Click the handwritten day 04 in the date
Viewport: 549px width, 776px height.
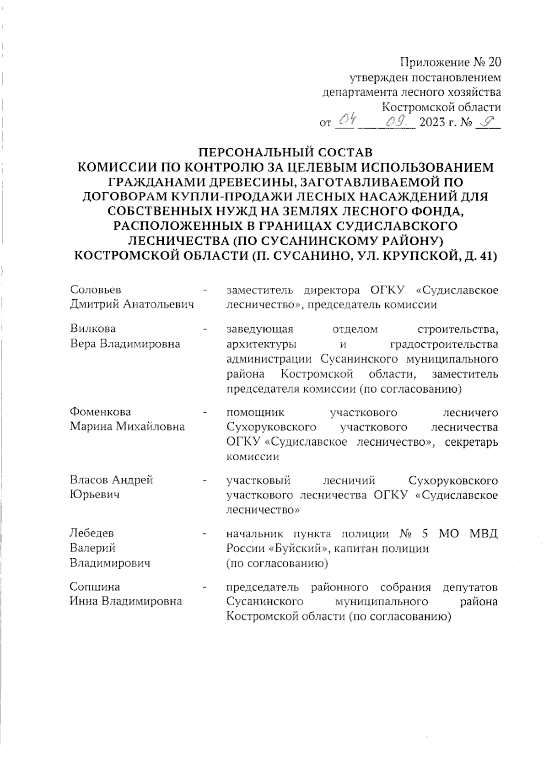345,121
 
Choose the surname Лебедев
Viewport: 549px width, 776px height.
91,533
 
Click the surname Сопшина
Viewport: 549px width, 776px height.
95,587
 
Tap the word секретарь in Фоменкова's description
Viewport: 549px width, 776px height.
471,442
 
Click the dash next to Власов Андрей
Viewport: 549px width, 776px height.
207,480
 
